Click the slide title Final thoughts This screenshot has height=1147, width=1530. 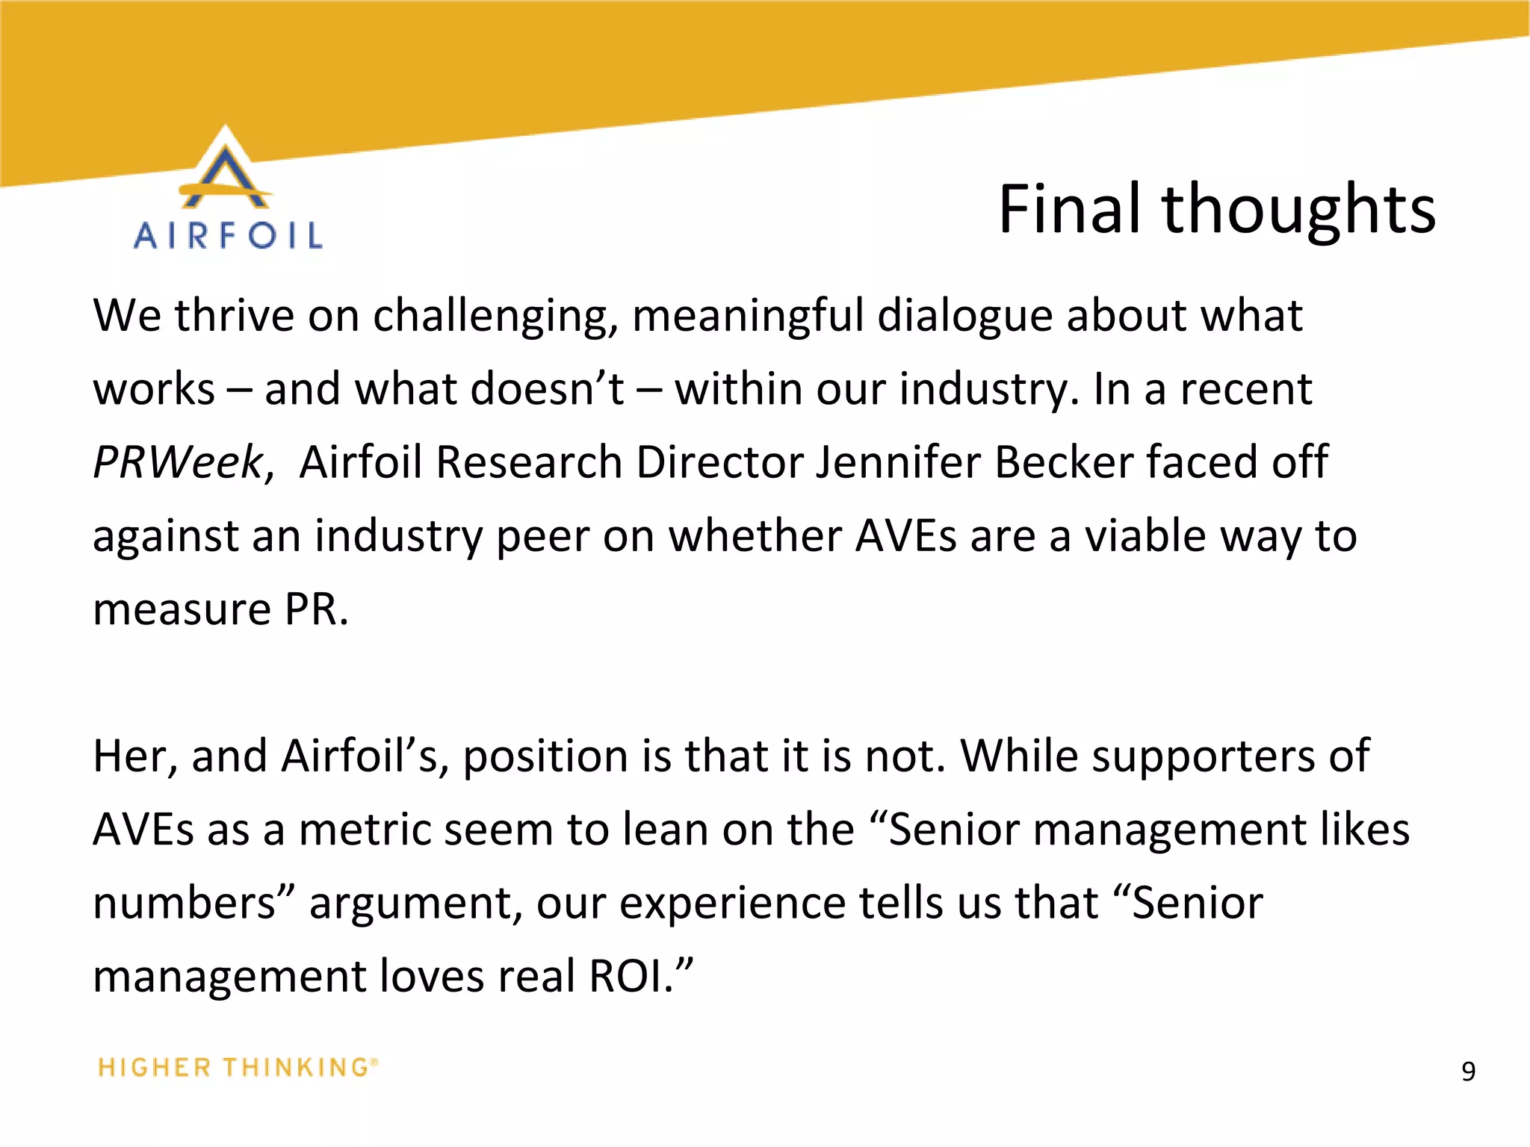(1216, 210)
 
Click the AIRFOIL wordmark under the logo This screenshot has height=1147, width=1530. (228, 236)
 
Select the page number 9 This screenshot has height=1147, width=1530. (1468, 1072)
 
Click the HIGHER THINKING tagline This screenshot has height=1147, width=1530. (238, 1067)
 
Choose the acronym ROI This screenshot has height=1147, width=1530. (630, 976)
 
